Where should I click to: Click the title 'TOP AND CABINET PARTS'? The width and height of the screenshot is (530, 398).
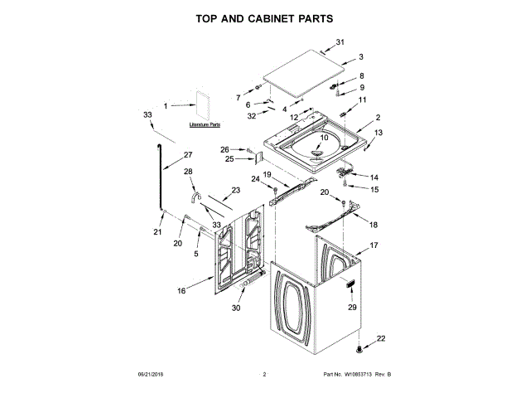(264, 17)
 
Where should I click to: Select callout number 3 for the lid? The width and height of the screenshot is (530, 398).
(361, 57)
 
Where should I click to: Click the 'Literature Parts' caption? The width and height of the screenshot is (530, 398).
(205, 124)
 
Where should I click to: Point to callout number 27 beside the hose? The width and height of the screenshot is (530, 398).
(187, 155)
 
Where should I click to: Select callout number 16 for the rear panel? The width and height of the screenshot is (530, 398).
(181, 291)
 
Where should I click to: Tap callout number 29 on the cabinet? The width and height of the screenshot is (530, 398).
(351, 308)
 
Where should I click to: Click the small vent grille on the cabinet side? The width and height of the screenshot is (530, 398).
(350, 287)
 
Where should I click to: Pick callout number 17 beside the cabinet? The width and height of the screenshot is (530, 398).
(373, 245)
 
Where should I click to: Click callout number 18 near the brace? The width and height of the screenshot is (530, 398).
(373, 224)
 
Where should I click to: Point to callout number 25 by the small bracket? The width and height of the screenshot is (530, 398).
(229, 158)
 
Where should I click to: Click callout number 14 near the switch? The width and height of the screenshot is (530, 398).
(373, 177)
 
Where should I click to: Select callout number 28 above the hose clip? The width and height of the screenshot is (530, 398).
(187, 171)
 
